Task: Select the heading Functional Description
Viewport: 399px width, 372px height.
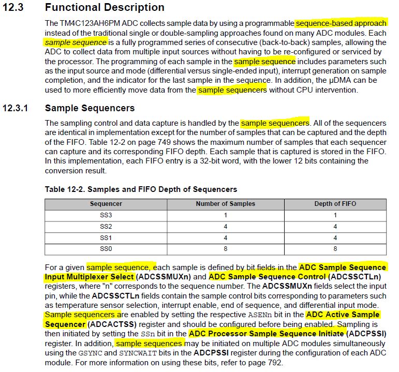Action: coord(105,7)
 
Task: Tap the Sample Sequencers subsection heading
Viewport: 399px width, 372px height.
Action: coord(90,108)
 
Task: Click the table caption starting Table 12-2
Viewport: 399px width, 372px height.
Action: coord(141,189)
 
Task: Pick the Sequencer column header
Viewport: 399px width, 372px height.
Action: coord(106,204)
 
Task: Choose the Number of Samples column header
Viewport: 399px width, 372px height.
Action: coord(225,204)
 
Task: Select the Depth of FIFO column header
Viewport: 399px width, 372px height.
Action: coord(335,204)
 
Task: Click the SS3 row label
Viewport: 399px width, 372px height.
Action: coord(106,215)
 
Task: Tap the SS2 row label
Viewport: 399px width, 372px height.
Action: coord(106,227)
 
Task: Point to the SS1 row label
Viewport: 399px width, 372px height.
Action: coord(106,238)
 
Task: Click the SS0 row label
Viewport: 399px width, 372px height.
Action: coord(106,249)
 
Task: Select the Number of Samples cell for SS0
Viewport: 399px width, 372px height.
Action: coord(225,249)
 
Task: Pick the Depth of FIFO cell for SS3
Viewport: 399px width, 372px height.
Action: coord(335,215)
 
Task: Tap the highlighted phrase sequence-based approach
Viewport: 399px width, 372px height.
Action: coord(341,23)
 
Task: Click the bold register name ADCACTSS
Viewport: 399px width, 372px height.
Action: coord(109,324)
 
